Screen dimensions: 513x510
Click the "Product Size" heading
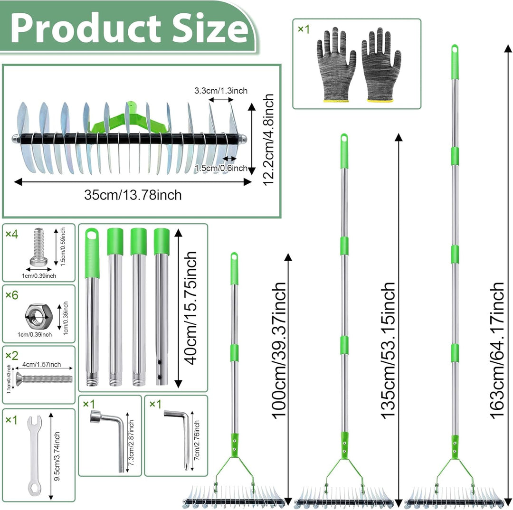129,28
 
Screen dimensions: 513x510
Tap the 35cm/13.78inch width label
133,195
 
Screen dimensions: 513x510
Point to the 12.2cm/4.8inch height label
268,140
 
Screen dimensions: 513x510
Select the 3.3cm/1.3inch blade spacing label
221,91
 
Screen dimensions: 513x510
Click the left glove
335,65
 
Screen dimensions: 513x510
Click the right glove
381,65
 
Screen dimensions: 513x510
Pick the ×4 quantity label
12,234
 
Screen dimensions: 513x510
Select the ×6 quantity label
12,295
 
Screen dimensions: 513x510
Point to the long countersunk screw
44,379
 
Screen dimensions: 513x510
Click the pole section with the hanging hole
92,307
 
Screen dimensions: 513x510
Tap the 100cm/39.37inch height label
279,350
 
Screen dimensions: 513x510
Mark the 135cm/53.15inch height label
388,350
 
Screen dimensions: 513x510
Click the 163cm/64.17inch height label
497,350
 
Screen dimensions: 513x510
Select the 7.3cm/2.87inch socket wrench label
132,443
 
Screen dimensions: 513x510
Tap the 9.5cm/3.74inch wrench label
57,456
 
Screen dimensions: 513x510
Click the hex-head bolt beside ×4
38,247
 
